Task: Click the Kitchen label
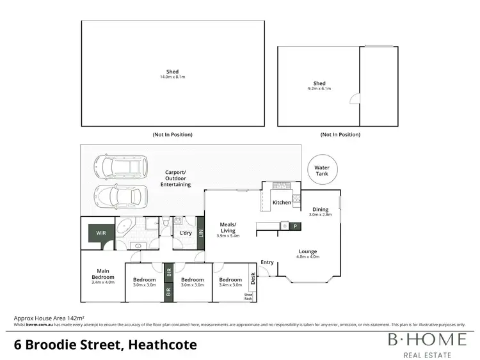tap(282, 203)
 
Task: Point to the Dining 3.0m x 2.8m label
tap(320, 212)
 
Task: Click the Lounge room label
tap(307, 254)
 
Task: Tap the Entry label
tap(267, 262)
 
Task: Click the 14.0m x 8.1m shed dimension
tap(172, 77)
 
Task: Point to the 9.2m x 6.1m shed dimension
tap(319, 89)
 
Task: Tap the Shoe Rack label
tap(248, 297)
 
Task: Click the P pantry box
tap(295, 226)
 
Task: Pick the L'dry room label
tap(186, 233)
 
